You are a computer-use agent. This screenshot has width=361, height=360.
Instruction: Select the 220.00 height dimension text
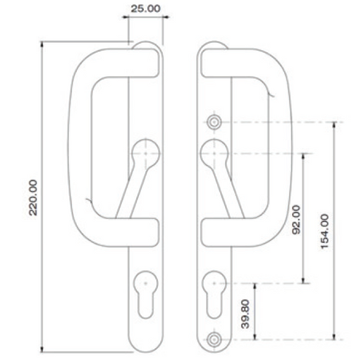tap(32, 197)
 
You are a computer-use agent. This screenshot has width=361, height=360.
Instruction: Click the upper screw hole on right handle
tap(214, 122)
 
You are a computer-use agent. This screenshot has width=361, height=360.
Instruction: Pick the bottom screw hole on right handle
tap(214, 340)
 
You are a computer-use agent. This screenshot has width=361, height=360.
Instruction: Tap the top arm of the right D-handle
tap(236, 63)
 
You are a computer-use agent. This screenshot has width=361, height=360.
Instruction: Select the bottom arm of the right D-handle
tap(236, 228)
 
